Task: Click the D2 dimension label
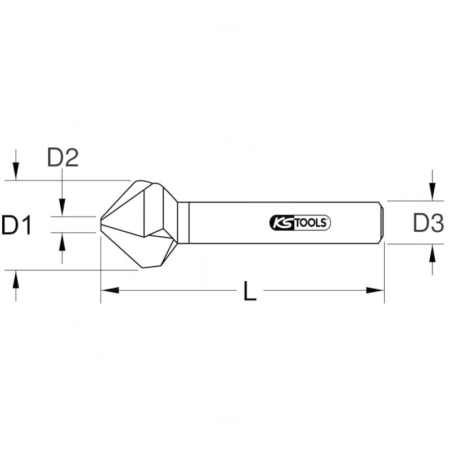[x=62, y=159]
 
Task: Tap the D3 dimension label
[x=429, y=223]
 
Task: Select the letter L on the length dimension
[x=250, y=291]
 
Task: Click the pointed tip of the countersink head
[x=102, y=224]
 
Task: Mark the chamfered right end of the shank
[x=382, y=223]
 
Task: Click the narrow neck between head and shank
[x=183, y=223]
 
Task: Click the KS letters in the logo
[x=281, y=223]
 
